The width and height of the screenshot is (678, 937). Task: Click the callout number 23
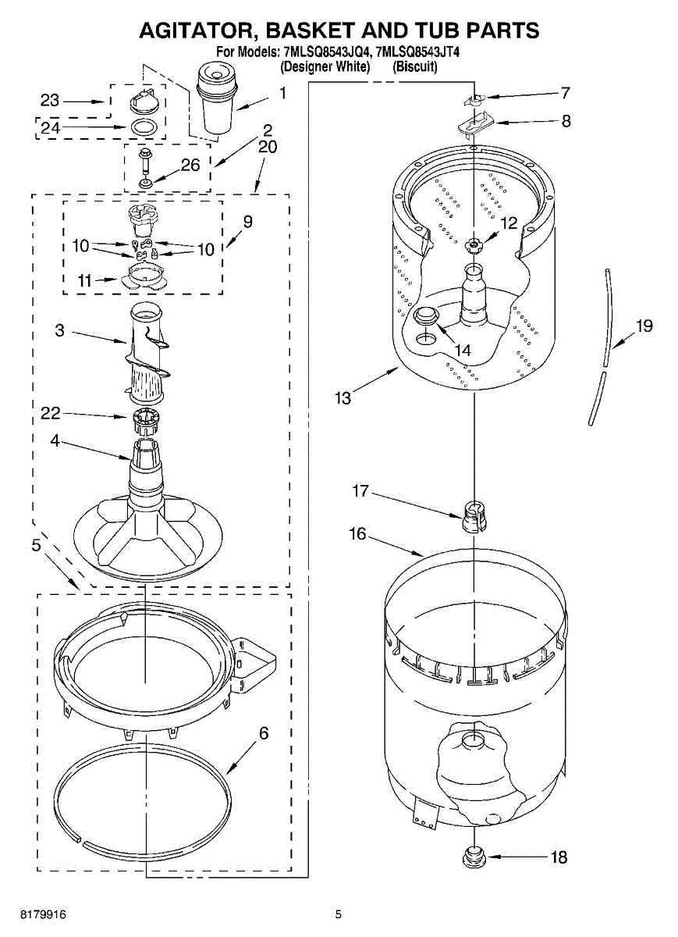click(x=50, y=101)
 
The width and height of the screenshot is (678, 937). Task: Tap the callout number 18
click(x=558, y=857)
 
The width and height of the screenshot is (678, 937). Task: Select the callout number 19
click(x=644, y=326)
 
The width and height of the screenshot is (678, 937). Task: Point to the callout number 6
click(x=264, y=733)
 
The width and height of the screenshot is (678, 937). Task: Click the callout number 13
click(x=343, y=398)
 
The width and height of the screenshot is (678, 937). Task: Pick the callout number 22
click(x=50, y=414)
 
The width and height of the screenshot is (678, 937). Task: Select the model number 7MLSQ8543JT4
click(x=417, y=53)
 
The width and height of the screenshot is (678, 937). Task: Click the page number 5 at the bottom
click(x=339, y=914)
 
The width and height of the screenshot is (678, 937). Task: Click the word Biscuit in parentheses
click(x=415, y=66)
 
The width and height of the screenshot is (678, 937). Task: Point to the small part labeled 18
click(x=473, y=856)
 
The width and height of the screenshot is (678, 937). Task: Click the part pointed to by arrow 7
click(x=473, y=99)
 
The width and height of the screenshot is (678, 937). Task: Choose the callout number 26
click(x=190, y=165)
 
